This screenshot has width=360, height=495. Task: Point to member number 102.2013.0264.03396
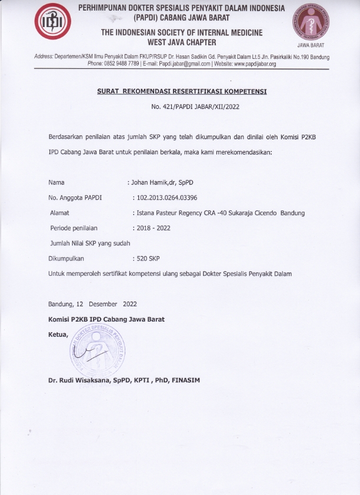pyautogui.click(x=167, y=198)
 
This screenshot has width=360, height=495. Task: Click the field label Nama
pyautogui.click(x=56, y=182)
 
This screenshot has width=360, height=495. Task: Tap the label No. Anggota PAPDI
pyautogui.click(x=75, y=198)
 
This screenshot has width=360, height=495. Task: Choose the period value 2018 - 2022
pyautogui.click(x=154, y=228)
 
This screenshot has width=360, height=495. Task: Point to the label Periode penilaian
pyautogui.click(x=73, y=228)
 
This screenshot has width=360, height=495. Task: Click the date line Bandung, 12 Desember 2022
pyautogui.click(x=92, y=304)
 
